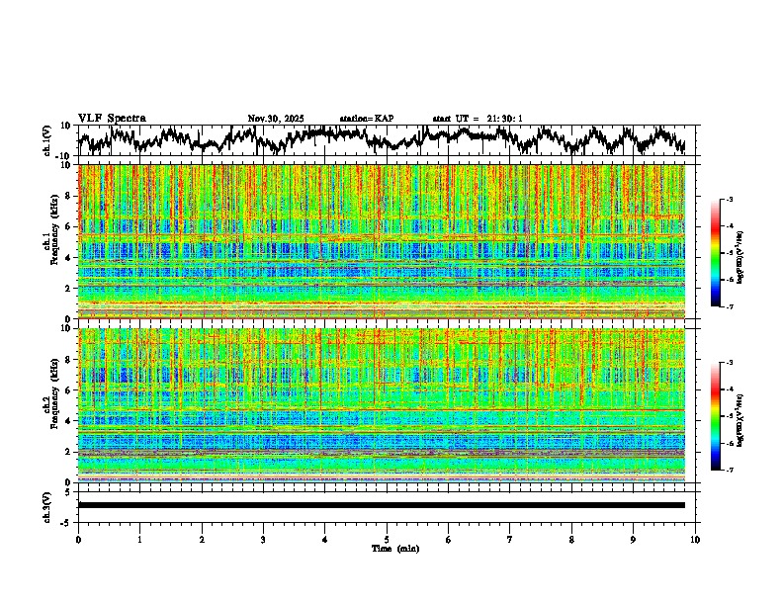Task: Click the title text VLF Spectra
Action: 112,119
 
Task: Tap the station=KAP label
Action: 367,119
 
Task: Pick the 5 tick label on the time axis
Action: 387,540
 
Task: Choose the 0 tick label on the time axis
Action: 78,540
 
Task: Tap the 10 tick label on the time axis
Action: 695,540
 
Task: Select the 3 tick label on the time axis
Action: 263,540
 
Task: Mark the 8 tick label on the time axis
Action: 571,540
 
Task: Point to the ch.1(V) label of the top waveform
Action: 48,140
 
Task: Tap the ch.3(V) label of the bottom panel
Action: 48,505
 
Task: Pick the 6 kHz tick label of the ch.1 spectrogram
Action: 70,226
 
